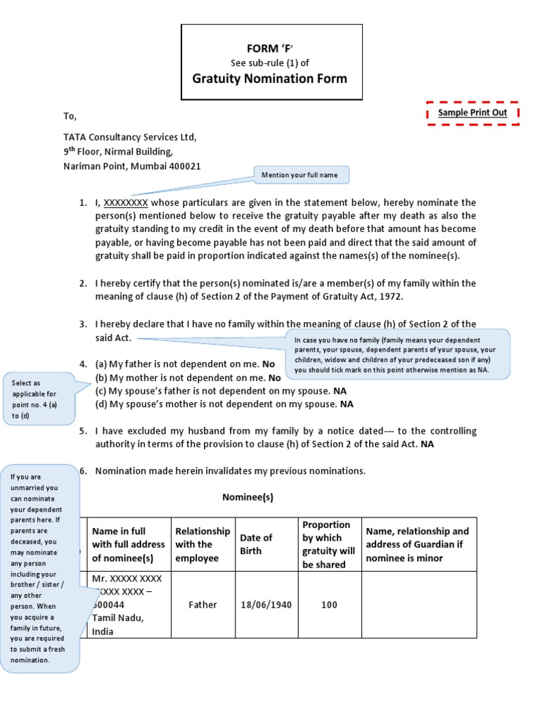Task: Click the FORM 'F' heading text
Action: tap(271, 48)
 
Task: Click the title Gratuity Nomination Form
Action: tap(270, 79)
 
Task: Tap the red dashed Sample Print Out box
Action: tap(472, 113)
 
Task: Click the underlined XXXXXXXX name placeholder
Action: tap(126, 202)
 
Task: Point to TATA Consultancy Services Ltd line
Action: tap(131, 137)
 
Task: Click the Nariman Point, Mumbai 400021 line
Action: tap(132, 166)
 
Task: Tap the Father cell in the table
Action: tap(203, 605)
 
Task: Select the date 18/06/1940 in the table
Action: tap(266, 605)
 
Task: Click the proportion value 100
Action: tap(329, 605)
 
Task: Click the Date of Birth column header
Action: tap(257, 544)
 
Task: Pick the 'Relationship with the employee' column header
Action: tap(202, 544)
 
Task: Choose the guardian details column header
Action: tap(417, 544)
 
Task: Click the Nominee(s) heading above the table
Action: tap(247, 497)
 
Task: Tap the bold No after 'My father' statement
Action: tap(268, 364)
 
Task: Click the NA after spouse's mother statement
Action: tap(347, 404)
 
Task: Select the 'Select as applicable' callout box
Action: tap(39, 399)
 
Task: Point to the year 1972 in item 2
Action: tap(390, 296)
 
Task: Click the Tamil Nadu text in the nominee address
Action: tap(117, 617)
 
